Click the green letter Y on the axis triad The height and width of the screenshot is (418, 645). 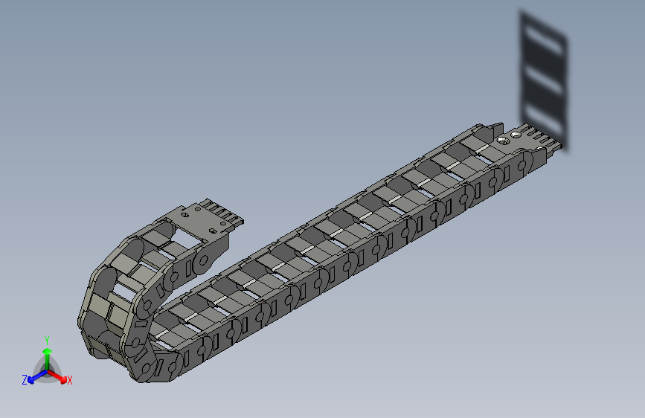[47, 340]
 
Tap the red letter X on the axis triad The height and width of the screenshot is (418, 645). [69, 380]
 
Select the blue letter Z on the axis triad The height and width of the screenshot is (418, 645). [25, 380]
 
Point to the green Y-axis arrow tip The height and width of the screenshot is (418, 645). [48, 352]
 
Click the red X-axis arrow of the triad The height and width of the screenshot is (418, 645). [57, 376]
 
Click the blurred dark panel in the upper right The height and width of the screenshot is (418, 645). [544, 80]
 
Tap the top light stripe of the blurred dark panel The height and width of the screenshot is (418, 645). [543, 40]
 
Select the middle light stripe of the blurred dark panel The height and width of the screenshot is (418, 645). [543, 80]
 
